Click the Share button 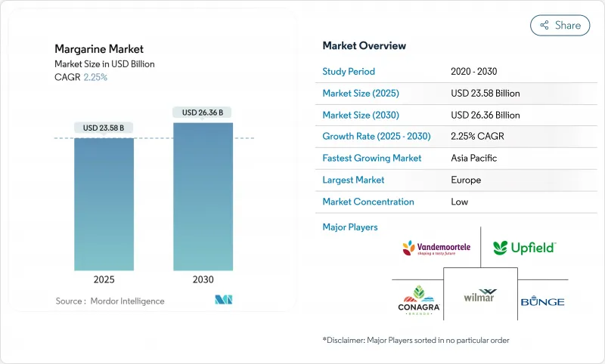click(x=560, y=25)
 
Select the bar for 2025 click(x=104, y=204)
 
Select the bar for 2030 click(x=202, y=196)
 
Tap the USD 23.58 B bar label click(x=104, y=128)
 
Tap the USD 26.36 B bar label click(x=202, y=113)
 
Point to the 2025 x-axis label click(x=104, y=279)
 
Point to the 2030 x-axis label click(x=202, y=279)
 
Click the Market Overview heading click(x=364, y=46)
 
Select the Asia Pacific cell click(x=473, y=159)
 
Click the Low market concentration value click(x=459, y=202)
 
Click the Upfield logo click(x=524, y=247)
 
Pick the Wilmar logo click(x=480, y=295)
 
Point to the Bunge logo click(x=542, y=301)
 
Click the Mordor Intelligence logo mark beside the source click(x=223, y=300)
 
